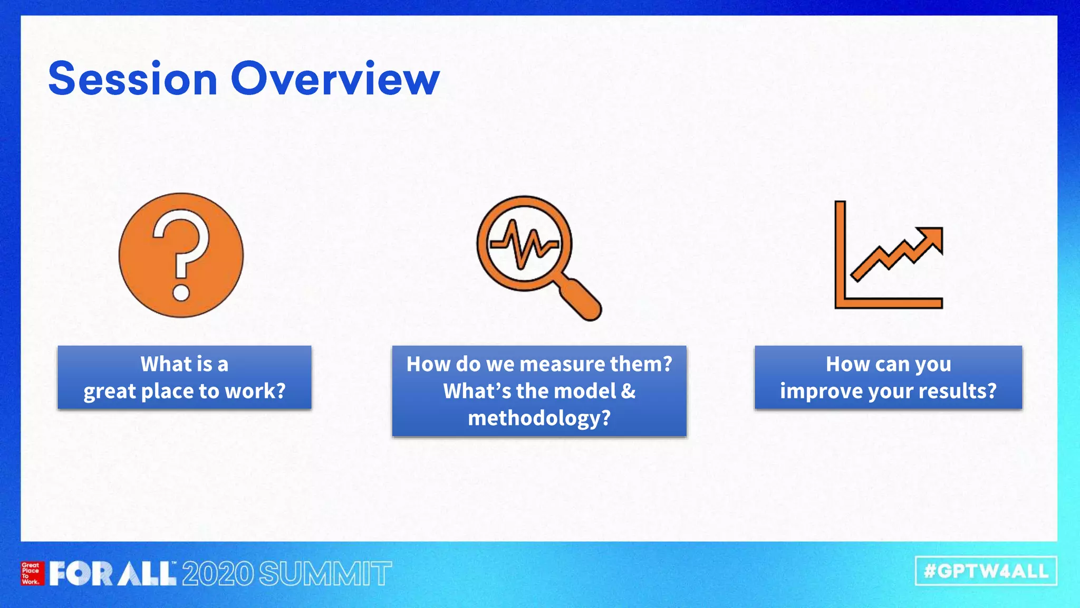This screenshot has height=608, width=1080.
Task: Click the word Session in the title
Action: click(132, 79)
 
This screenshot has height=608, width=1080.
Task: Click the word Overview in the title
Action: click(335, 79)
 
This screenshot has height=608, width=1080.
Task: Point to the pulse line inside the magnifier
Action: click(524, 244)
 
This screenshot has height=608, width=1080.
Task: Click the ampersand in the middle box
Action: click(628, 391)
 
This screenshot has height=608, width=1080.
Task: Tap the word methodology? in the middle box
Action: click(539, 418)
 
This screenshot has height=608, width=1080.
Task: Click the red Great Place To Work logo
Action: click(32, 573)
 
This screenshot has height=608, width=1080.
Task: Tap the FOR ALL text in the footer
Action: click(112, 573)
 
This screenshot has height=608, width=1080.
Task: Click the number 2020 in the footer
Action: click(218, 574)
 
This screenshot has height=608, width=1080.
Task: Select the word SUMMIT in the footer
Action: click(325, 574)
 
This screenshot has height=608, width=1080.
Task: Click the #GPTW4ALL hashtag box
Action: click(986, 571)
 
